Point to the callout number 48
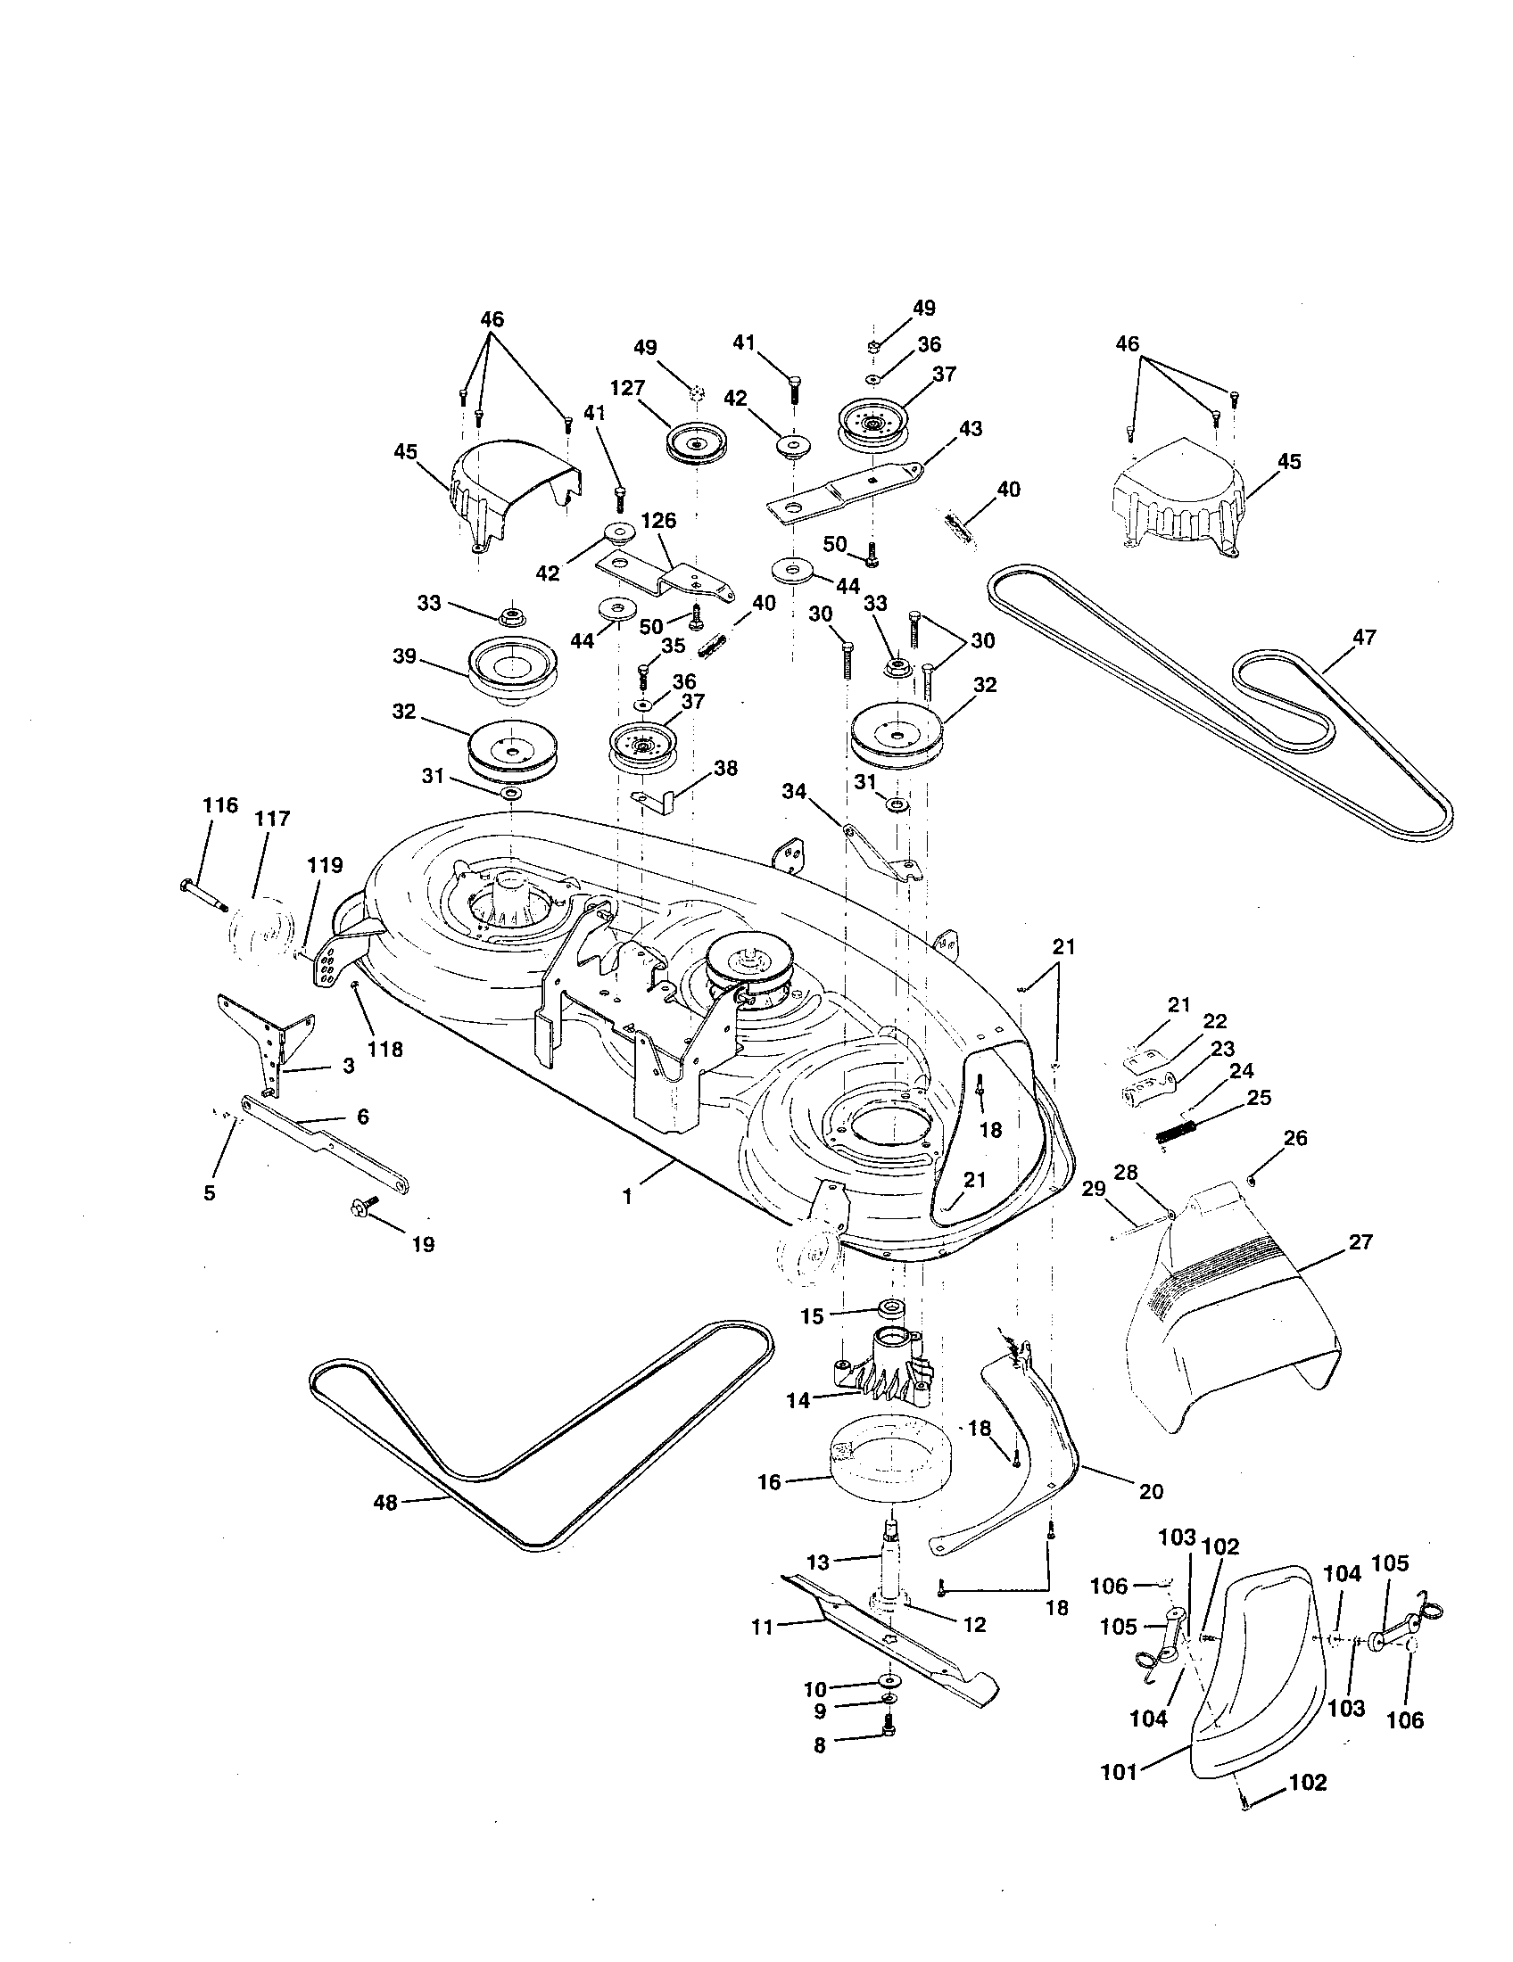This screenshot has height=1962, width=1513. (x=384, y=1502)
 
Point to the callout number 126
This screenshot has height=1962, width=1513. (x=659, y=520)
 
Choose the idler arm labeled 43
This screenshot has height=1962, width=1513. (x=845, y=490)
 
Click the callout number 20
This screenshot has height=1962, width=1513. (x=1151, y=1491)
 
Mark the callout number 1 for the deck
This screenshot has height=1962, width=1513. (x=627, y=1197)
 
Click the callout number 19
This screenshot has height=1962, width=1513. (x=422, y=1244)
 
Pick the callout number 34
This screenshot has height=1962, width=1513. (x=793, y=790)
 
